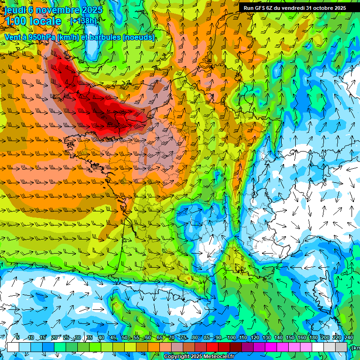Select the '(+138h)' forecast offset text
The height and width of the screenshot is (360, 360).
83,21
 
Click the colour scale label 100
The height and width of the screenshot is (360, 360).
232,338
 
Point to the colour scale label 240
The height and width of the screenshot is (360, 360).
349,338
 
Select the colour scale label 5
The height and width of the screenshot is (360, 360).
18,338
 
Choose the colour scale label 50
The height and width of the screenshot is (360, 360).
124,338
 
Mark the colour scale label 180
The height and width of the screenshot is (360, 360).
314,338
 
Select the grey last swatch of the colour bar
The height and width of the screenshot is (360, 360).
341,347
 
